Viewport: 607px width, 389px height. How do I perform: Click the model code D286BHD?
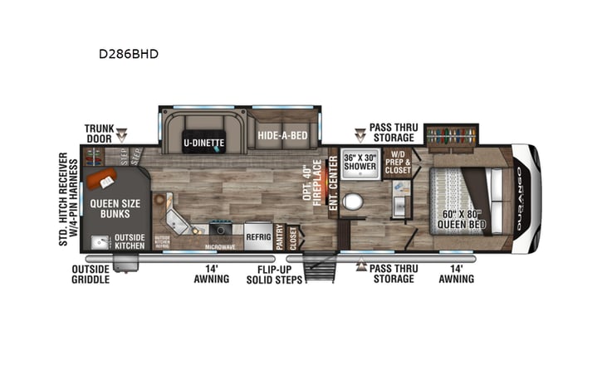129,55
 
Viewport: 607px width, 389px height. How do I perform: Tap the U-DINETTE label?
203,142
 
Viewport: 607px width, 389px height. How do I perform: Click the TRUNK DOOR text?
99,134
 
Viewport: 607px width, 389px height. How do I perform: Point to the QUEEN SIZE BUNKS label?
115,208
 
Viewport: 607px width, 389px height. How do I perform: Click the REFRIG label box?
258,236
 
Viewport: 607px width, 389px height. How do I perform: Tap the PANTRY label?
280,236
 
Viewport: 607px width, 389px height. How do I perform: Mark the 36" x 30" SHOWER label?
360,163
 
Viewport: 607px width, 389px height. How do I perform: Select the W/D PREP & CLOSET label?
397,163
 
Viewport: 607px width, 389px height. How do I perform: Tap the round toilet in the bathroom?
355,202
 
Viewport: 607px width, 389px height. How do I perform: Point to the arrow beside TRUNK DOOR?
122,134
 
